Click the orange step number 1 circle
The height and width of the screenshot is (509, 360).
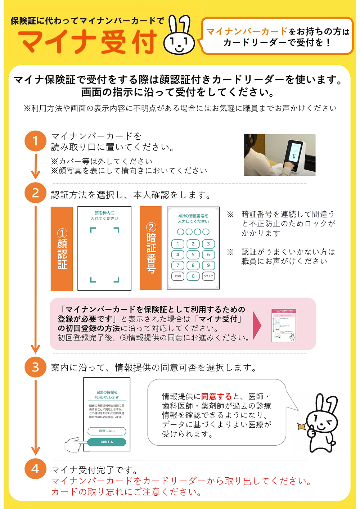35,141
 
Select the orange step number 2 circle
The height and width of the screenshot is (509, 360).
35,193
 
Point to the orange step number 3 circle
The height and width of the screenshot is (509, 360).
35,367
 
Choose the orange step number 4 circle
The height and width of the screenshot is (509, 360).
35,469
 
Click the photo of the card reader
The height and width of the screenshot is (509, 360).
280,155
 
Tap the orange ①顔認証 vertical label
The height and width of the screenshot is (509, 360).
62,249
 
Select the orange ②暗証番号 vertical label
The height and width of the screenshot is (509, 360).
150,248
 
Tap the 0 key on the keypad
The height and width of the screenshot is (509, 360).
193,276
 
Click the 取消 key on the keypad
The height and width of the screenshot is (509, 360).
178,276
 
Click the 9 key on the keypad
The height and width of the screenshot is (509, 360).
208,265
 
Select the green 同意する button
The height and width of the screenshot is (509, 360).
107,442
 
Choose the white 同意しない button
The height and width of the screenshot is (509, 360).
107,431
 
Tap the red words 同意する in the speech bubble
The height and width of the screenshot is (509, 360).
216,396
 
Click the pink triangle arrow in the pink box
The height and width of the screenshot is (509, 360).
257,326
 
